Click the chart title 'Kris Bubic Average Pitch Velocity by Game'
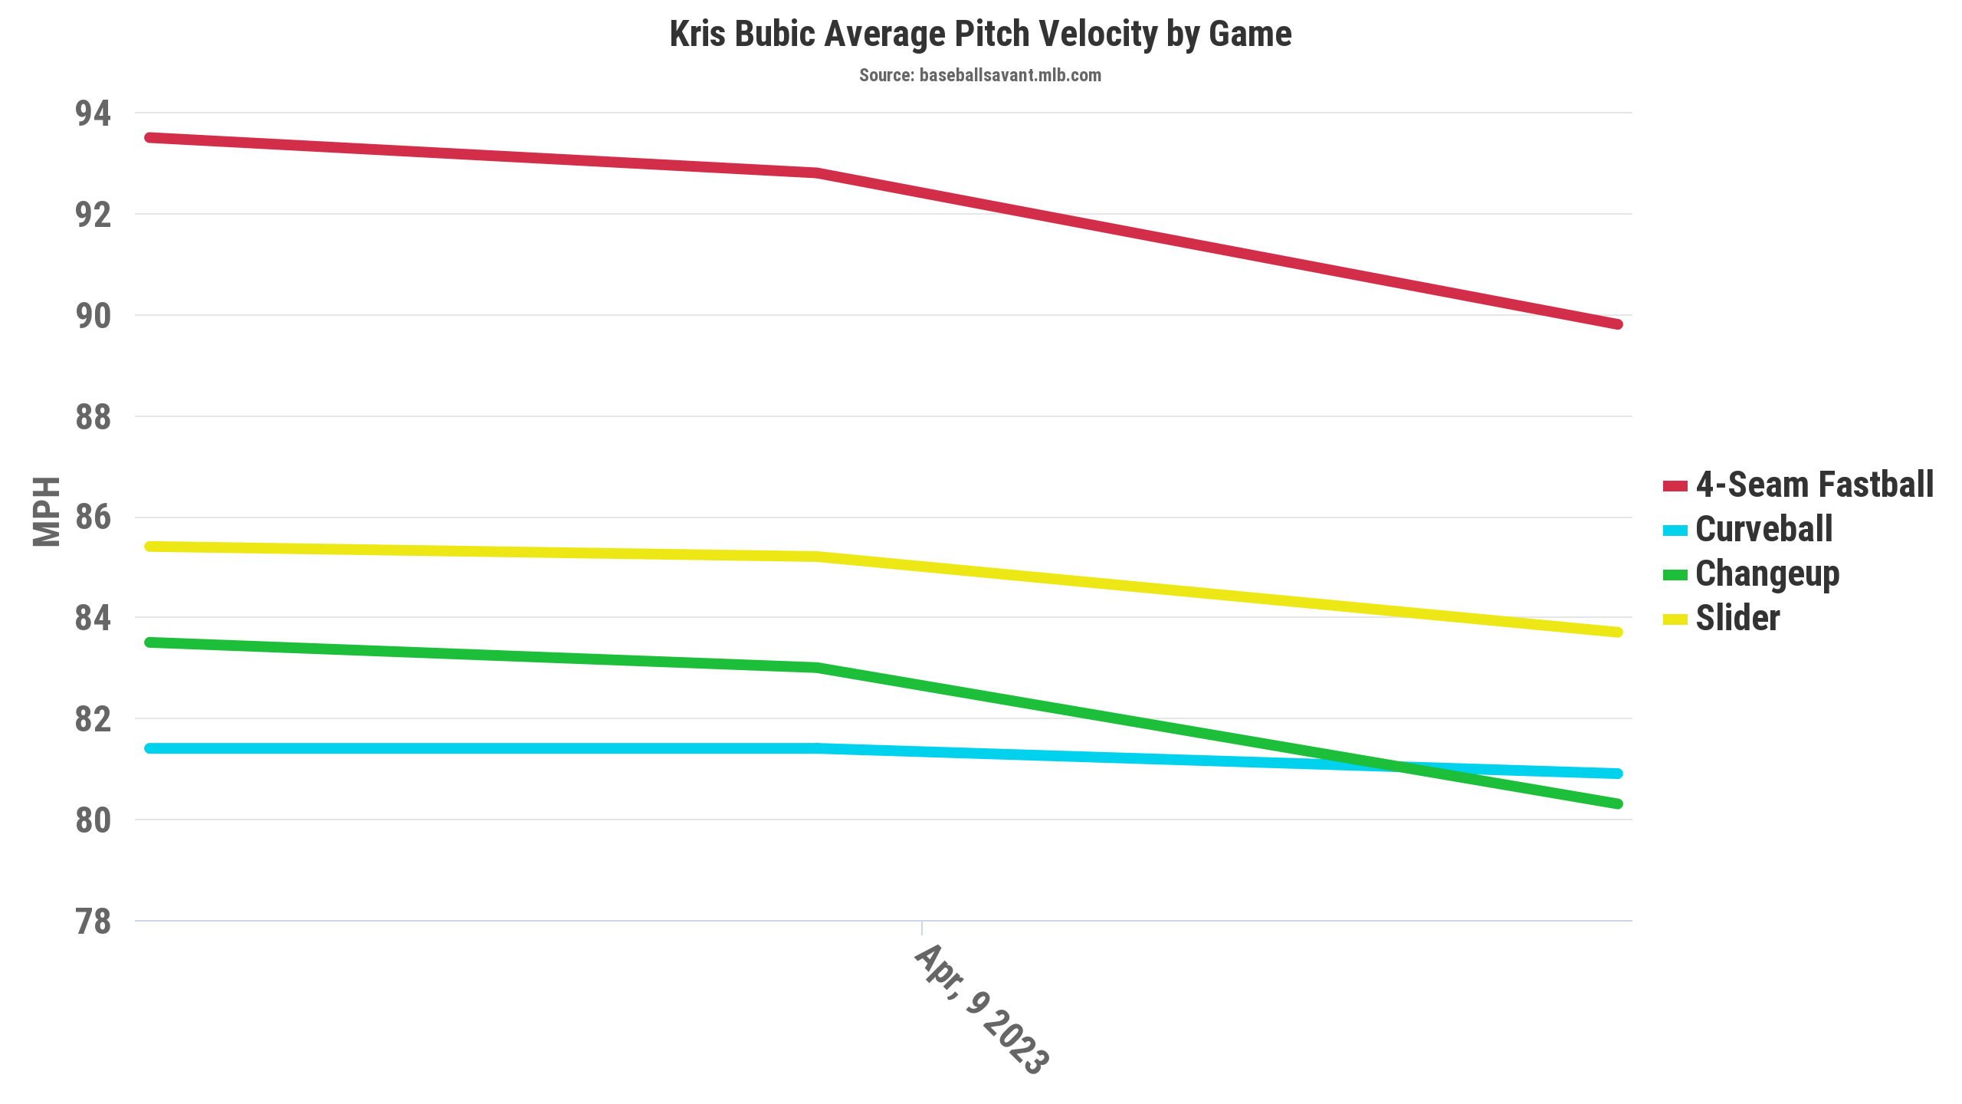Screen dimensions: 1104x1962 [x=980, y=34]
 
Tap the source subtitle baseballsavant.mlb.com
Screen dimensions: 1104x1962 [x=980, y=75]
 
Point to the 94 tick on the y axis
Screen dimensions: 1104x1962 [x=93, y=113]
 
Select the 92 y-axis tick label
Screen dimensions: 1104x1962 [x=93, y=215]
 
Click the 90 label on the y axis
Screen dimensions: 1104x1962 [x=93, y=316]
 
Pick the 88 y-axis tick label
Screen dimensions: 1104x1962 [x=93, y=417]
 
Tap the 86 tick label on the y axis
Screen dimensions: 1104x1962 [x=93, y=517]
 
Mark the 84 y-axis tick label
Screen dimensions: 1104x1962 [x=93, y=618]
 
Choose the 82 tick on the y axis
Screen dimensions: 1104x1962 [x=93, y=719]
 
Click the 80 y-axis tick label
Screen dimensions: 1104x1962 [x=93, y=820]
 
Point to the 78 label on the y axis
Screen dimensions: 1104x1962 [x=93, y=922]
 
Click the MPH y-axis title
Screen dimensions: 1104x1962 [x=46, y=511]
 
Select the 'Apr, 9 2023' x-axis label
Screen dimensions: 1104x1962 [x=981, y=1008]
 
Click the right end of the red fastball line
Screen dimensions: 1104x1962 [x=1617, y=324]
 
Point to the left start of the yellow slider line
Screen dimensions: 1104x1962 [x=150, y=547]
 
